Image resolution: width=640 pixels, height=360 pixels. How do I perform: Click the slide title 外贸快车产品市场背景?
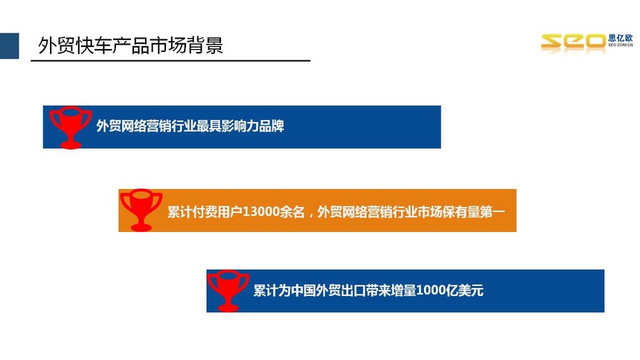[x=131, y=45]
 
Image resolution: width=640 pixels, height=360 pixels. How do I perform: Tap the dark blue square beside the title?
[x=10, y=45]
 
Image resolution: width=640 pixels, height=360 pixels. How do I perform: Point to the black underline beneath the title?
[x=170, y=61]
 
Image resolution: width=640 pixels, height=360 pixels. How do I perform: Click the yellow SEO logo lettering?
[x=574, y=42]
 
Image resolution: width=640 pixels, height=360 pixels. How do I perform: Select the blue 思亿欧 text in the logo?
[x=621, y=38]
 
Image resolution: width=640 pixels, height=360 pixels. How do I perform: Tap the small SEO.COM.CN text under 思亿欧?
[x=621, y=45]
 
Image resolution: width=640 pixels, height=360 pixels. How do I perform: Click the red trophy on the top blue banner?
[x=70, y=127]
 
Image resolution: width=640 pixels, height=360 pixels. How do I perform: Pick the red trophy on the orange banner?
[x=141, y=210]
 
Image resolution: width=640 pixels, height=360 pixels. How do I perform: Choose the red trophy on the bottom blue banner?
[x=228, y=291]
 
